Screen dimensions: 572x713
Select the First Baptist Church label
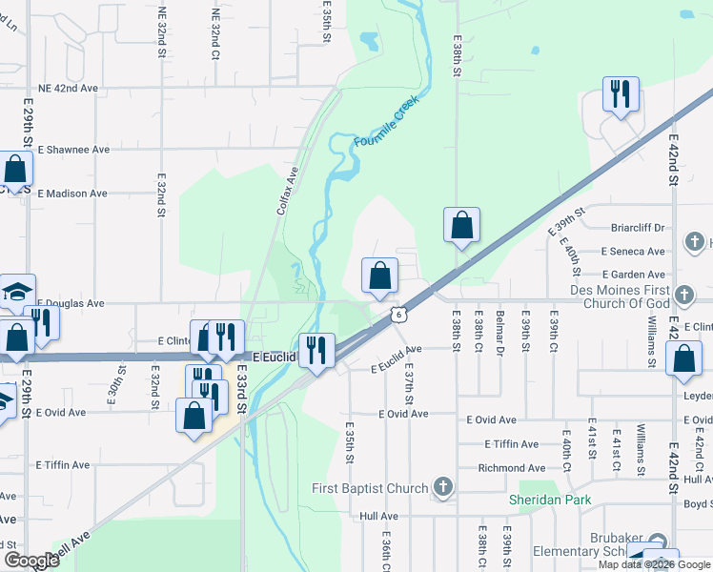[x=370, y=489]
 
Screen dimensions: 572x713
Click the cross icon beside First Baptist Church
[x=442, y=488]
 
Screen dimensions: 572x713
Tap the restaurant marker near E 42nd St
[x=621, y=94]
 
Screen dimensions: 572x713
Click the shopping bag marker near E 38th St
[x=461, y=226]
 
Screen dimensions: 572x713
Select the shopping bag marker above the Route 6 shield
[x=379, y=276]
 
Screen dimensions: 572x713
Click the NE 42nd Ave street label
[x=68, y=88]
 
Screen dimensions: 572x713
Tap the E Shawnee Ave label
[x=72, y=150]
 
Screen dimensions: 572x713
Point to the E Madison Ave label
[x=72, y=194]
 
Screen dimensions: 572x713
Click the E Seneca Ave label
[x=633, y=252]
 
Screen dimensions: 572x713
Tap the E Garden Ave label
[x=633, y=275]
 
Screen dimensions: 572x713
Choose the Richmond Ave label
[x=512, y=468]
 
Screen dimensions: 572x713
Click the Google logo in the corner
[x=31, y=561]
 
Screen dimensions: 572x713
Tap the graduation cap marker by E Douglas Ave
[x=16, y=291]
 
